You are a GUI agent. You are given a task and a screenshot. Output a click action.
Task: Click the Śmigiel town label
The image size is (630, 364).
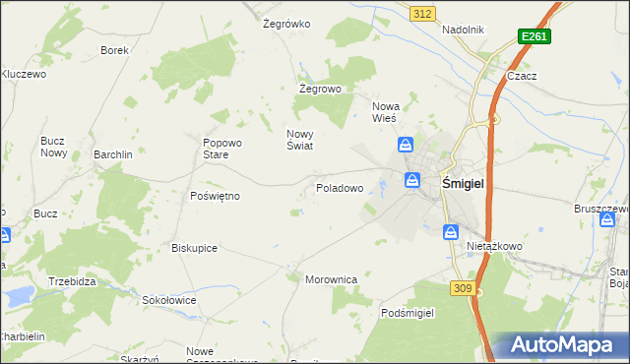[469, 182]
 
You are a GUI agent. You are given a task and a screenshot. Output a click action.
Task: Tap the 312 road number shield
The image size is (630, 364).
[422, 13]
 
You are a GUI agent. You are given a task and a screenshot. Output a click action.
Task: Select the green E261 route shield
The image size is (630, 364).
[535, 36]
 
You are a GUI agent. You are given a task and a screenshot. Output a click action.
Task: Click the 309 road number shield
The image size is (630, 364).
[464, 287]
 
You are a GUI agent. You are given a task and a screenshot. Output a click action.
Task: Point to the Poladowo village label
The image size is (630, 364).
[340, 187]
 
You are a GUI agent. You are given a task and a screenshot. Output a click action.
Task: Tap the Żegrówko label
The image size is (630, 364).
[286, 24]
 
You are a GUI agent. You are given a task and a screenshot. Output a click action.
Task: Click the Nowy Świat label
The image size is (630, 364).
[299, 140]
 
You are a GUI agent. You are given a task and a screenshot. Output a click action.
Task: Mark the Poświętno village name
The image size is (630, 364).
[215, 196]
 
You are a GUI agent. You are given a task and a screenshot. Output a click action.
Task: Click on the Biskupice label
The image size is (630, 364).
[194, 248]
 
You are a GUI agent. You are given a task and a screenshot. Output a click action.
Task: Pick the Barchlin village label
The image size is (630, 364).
[113, 154]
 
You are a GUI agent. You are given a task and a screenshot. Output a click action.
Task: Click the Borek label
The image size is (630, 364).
[115, 49]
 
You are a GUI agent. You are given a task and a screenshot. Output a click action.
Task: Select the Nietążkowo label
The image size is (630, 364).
[494, 246]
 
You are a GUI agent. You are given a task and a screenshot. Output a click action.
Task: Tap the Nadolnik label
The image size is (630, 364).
[463, 30]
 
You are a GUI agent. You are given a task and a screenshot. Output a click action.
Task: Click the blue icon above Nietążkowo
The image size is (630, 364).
[450, 231]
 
